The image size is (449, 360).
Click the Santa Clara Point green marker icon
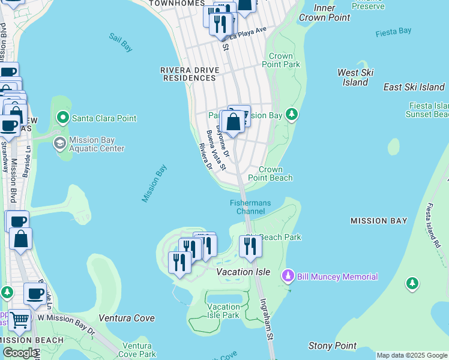pos(62,118)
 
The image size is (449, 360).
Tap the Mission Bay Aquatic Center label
pos(97,145)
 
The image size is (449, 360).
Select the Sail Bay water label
pos(121,41)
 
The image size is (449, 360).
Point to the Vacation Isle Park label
pos(223,311)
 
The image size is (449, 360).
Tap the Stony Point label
pos(332,346)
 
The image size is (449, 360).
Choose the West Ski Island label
pos(355,77)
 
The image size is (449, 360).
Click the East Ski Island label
pos(414,87)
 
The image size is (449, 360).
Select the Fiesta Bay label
pos(393,31)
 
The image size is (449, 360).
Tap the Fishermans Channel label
pos(250,207)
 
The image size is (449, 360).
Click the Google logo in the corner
pos(19,353)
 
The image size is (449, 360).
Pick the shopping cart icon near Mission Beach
pos(19,320)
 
